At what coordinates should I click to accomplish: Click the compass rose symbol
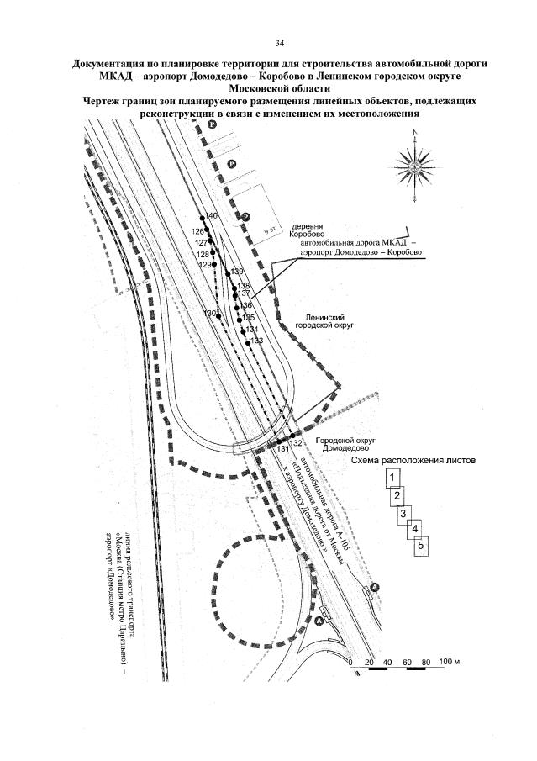click(412, 164)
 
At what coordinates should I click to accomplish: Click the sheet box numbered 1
click(392, 478)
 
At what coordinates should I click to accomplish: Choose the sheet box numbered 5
click(422, 546)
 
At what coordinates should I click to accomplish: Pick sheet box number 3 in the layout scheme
click(404, 513)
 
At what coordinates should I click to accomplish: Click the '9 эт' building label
click(270, 228)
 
